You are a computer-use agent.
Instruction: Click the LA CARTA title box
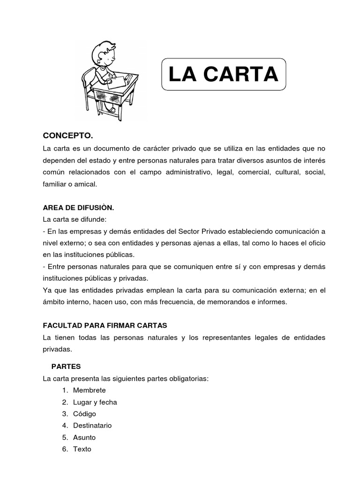(x=223, y=74)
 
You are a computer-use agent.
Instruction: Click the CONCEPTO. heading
(x=68, y=136)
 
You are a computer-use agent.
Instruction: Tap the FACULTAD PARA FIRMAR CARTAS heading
(x=105, y=325)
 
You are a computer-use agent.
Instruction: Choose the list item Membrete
(x=90, y=390)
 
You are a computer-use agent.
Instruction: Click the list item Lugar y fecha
(x=95, y=402)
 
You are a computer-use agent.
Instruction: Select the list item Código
(x=84, y=413)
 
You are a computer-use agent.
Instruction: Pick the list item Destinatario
(x=92, y=425)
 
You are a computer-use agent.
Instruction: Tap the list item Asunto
(x=84, y=437)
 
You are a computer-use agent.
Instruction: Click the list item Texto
(x=82, y=449)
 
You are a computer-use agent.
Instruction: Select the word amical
(x=86, y=184)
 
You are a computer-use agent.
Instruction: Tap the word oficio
(x=315, y=243)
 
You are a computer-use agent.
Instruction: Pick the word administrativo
(x=184, y=172)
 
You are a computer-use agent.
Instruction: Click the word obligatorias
(x=188, y=378)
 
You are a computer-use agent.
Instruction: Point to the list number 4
(x=64, y=425)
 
